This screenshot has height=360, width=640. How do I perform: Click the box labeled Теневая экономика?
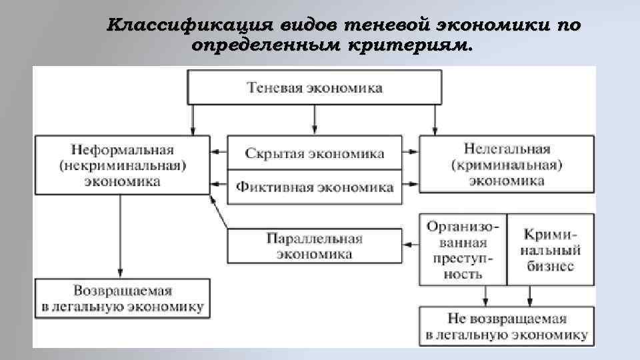click(315, 87)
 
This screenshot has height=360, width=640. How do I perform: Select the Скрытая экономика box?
click(315, 153)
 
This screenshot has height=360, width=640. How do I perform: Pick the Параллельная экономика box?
click(315, 246)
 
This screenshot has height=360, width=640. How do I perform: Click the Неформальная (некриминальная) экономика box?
click(122, 164)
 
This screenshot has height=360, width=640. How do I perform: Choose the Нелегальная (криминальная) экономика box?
click(507, 164)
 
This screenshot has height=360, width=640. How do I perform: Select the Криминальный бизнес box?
click(550, 249)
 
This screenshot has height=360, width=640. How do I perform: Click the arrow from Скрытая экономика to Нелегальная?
click(411, 153)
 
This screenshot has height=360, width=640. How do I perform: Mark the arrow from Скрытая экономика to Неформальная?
click(219, 153)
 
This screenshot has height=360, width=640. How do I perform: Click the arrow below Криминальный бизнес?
click(530, 294)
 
